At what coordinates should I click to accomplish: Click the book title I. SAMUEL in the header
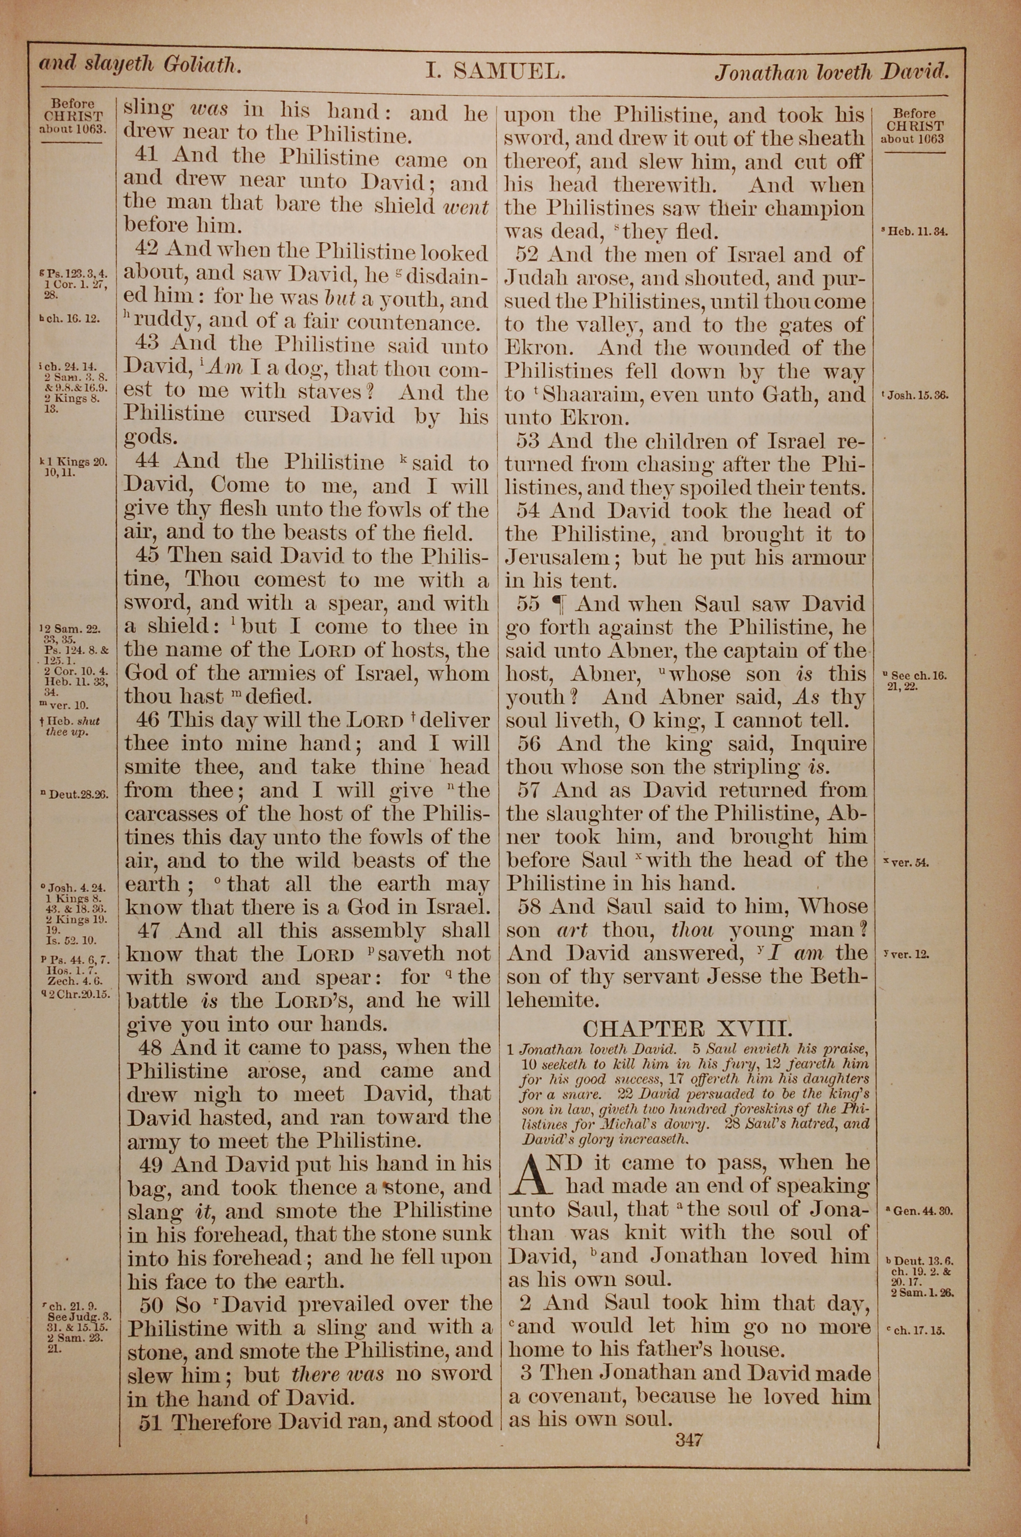click(x=495, y=71)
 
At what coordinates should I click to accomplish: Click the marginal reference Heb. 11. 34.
click(x=914, y=231)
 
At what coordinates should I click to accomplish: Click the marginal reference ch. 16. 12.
click(x=70, y=320)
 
